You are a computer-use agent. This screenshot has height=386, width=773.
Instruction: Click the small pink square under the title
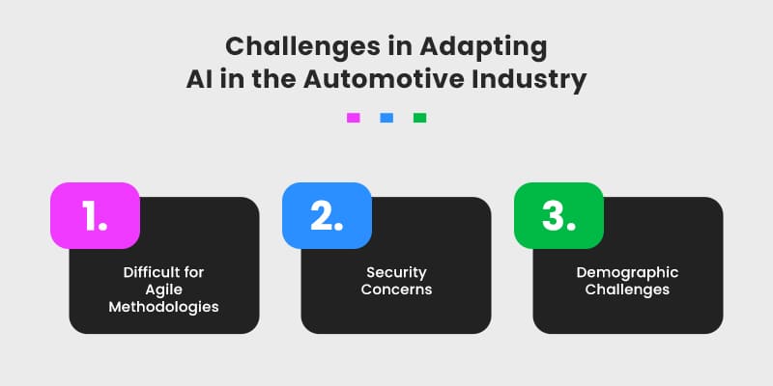point(353,118)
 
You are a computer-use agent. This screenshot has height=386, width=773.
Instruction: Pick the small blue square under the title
point(386,118)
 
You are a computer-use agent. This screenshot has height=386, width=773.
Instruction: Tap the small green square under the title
point(419,118)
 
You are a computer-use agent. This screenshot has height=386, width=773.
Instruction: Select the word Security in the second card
point(396,273)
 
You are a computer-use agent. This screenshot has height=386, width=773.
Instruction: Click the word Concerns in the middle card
point(396,289)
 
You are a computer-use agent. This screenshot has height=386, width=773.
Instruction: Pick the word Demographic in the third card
point(627,273)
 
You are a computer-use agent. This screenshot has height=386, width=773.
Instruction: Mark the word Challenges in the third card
point(627,289)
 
